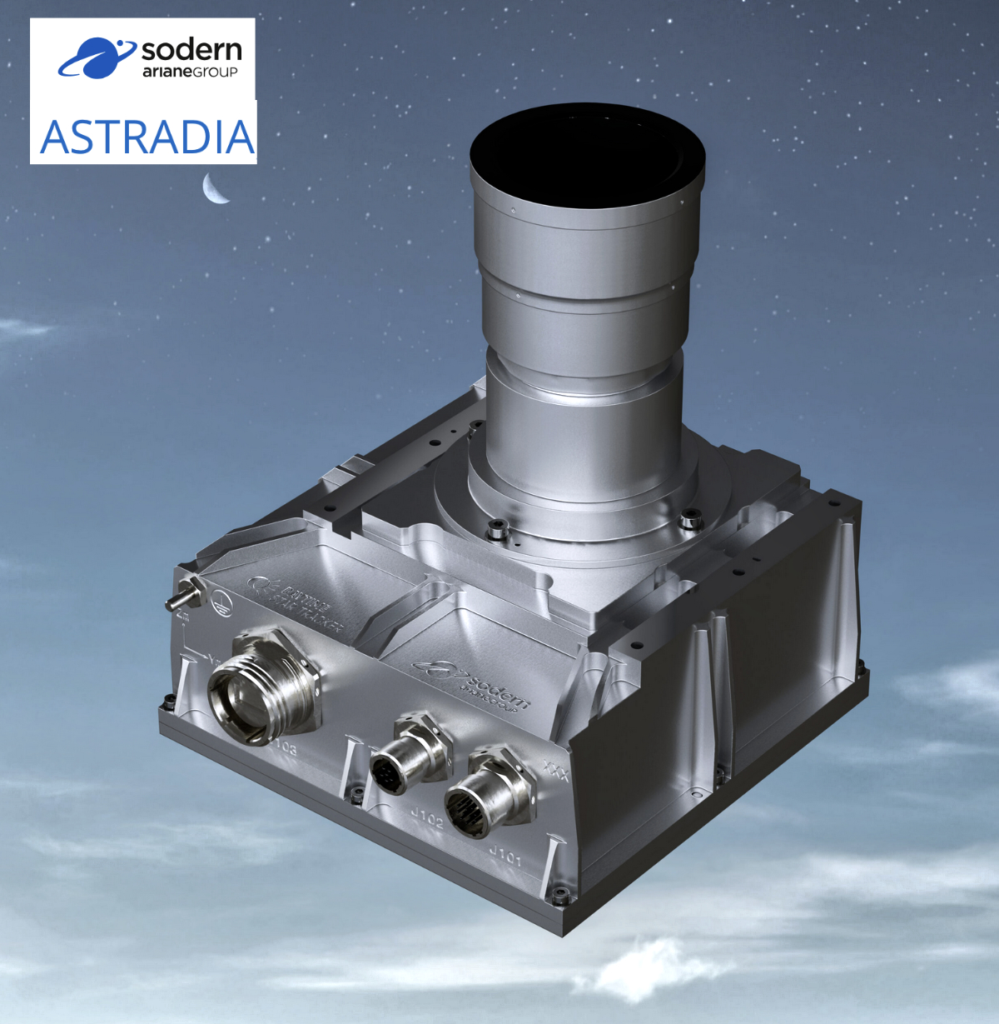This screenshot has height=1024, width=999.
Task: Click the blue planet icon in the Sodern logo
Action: (x=96, y=57)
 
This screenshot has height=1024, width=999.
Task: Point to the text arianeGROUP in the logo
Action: (x=190, y=72)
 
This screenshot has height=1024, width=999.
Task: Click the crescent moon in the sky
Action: (x=215, y=189)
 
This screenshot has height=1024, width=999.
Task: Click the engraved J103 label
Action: (x=284, y=747)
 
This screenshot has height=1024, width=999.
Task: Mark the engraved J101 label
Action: (x=504, y=854)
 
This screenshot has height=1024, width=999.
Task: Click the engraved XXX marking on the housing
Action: (x=554, y=771)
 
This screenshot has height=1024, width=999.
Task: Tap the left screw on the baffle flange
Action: (x=497, y=527)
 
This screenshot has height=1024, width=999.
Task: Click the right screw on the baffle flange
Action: (x=688, y=520)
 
